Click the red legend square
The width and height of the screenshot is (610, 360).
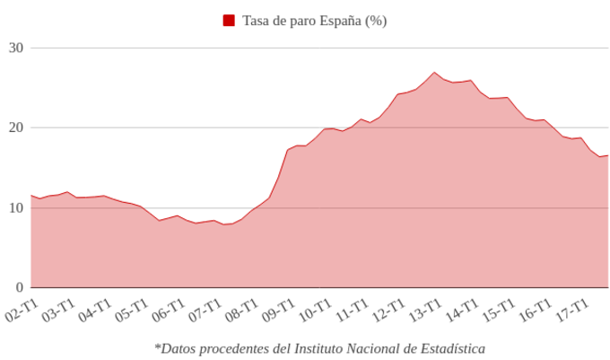[230, 21]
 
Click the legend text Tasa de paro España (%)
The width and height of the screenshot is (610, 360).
[315, 21]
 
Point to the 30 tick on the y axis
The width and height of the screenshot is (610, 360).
[15, 48]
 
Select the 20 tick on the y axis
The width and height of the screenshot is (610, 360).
[15, 127]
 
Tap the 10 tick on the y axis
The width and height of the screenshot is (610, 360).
[15, 207]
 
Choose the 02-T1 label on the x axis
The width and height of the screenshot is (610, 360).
[22, 311]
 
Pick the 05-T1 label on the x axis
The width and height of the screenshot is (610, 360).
[132, 311]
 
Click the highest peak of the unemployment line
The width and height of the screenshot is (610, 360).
[434, 72]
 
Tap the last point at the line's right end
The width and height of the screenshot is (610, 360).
[607, 156]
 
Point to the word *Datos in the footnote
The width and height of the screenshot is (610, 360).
[176, 347]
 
